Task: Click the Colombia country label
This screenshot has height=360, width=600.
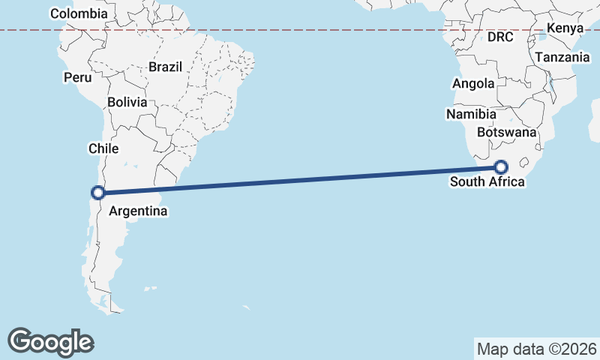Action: point(79,13)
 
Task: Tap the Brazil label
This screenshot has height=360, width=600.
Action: point(165,67)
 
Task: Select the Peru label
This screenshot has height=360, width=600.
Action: point(78,77)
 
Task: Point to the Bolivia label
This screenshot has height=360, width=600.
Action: point(127,102)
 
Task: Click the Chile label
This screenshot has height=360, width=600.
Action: point(103,148)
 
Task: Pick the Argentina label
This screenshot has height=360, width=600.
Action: point(138,211)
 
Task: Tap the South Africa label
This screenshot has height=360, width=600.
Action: point(488,181)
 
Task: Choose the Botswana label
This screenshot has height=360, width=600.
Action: point(506,132)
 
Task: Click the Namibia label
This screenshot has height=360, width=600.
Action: point(471,115)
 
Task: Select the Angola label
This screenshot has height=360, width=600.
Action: point(473,84)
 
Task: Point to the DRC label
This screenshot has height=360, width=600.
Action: point(500,37)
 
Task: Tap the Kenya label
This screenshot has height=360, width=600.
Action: point(565,28)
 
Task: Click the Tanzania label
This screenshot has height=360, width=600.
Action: point(562,57)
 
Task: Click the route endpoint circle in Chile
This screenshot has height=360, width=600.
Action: point(97,193)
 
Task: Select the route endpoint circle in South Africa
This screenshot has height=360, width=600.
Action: point(501,168)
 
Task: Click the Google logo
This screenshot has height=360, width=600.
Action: point(50,341)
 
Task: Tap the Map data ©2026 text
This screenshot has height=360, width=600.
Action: point(537,349)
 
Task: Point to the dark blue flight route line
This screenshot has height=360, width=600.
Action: point(300,180)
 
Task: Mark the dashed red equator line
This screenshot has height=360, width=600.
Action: point(300,30)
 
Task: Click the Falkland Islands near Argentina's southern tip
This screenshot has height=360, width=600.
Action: point(151,288)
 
